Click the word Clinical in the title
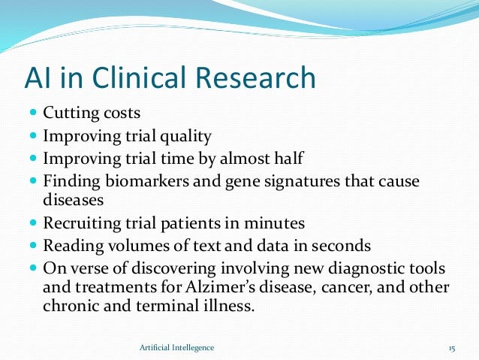click(139, 77)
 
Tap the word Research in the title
click(256, 77)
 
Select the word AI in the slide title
click(38, 77)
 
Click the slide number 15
click(452, 349)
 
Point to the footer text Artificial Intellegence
click(177, 348)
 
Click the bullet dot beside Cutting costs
click(34, 112)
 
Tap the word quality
click(185, 137)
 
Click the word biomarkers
click(147, 181)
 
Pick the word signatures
click(302, 182)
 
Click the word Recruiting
click(82, 223)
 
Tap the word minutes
click(274, 223)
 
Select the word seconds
click(341, 246)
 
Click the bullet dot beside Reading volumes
click(34, 245)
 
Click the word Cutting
click(71, 113)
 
